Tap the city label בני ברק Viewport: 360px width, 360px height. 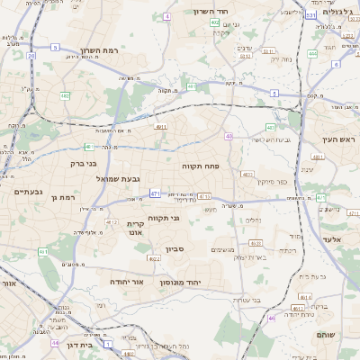(82, 164)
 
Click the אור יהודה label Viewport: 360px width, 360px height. (129, 282)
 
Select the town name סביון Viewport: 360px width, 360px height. (175, 249)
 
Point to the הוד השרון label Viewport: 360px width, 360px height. (212, 12)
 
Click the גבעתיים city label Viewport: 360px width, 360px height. (29, 191)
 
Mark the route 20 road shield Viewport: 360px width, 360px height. (31, 56)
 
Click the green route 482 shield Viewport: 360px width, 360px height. (65, 94)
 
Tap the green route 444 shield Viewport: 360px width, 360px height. (313, 54)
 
